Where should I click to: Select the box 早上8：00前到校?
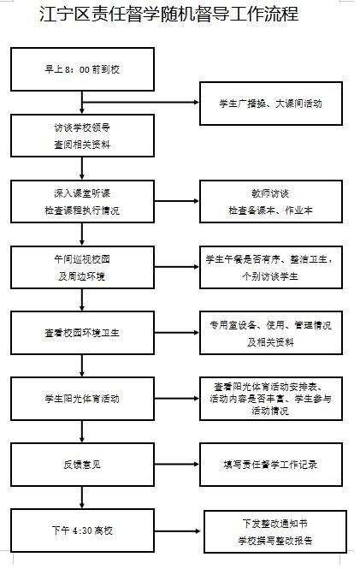82,68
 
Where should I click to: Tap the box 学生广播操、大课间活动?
269,103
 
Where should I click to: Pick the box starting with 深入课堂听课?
82,201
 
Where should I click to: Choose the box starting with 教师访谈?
269,201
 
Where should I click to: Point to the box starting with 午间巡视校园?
82,268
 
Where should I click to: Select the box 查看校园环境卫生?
82,334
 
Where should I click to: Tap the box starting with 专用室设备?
269,334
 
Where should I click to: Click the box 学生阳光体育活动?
82,399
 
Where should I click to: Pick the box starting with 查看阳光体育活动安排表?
269,399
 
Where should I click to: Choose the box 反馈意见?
82,465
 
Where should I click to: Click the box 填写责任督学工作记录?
269,465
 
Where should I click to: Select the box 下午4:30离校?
82,531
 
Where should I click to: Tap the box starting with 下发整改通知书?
276,531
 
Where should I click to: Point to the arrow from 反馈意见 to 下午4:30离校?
82,498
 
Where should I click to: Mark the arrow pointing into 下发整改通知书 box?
179,531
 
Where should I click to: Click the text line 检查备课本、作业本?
269,210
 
